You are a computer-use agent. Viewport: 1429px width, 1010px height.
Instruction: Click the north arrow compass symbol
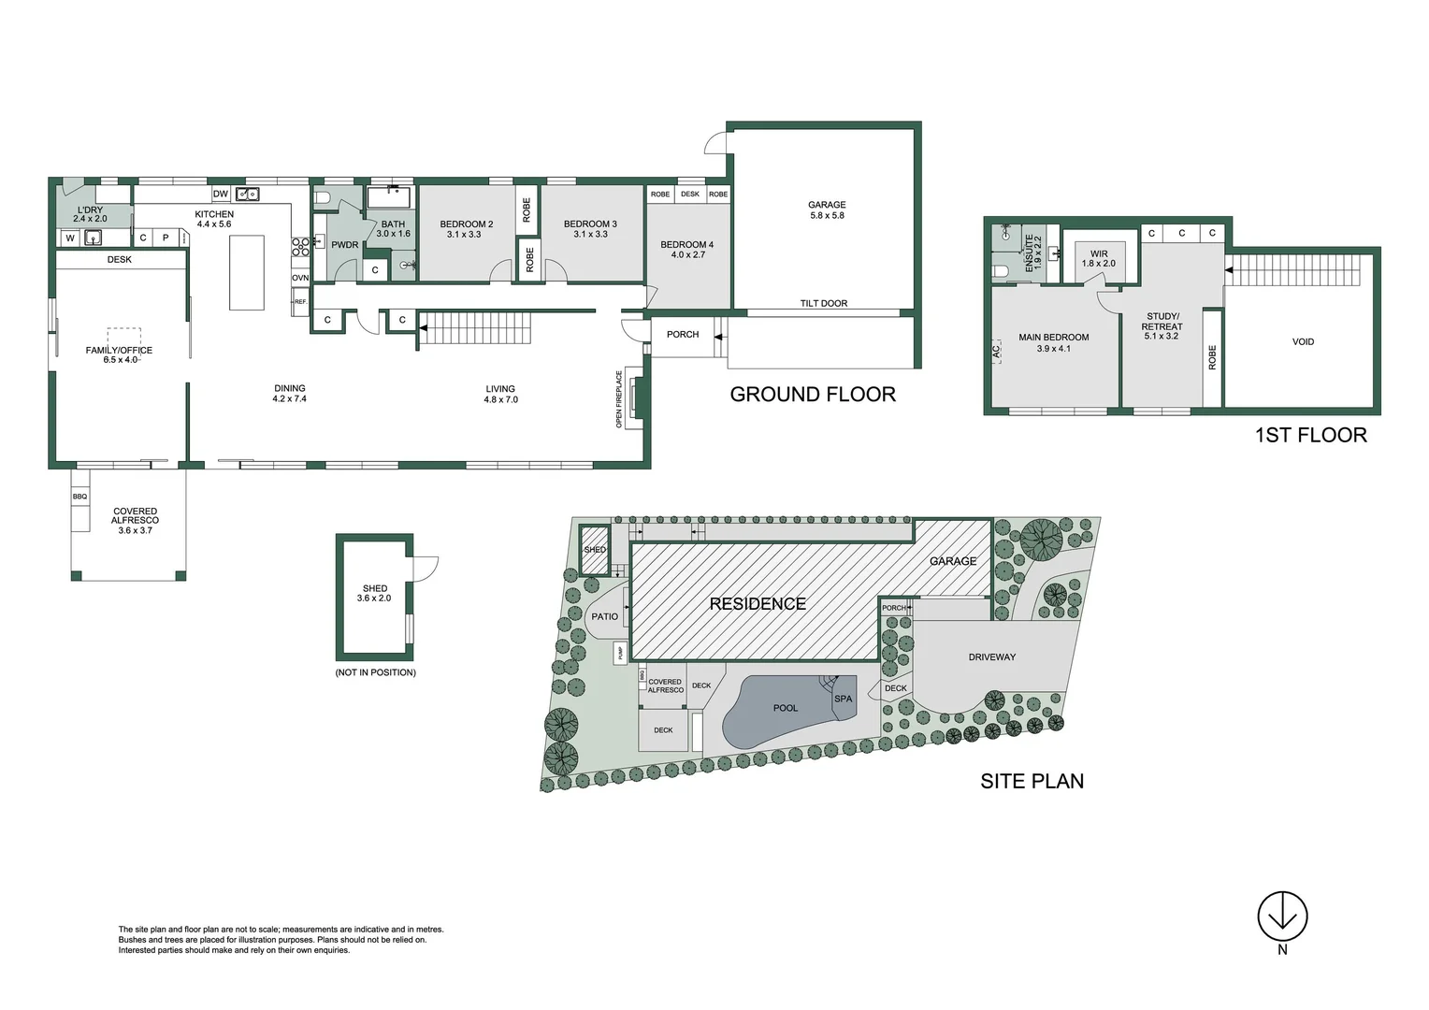(x=1282, y=916)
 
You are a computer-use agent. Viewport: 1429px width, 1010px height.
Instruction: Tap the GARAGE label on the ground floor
(x=827, y=205)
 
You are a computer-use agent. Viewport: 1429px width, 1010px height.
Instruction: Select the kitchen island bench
(x=247, y=272)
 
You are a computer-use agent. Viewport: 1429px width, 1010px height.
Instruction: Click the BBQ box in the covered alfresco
(x=80, y=497)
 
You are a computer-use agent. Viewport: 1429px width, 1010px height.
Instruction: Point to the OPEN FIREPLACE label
(x=619, y=399)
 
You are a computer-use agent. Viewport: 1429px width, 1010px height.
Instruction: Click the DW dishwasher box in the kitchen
(x=221, y=195)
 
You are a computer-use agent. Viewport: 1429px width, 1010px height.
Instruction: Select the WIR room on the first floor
(x=1099, y=258)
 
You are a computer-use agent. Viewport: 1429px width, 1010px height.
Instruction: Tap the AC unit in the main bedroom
(x=996, y=353)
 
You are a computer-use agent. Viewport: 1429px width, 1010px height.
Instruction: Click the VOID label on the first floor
(x=1303, y=342)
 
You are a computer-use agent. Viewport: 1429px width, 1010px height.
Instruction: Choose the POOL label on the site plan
(x=786, y=708)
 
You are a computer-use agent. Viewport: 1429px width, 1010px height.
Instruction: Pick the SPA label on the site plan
(x=844, y=699)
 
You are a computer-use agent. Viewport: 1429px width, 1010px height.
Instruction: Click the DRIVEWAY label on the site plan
(x=991, y=657)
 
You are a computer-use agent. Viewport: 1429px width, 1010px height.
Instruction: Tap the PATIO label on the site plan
(x=605, y=616)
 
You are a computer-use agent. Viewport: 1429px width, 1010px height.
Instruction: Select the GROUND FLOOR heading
(x=813, y=395)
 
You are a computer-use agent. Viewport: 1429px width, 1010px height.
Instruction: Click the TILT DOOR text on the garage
(x=823, y=303)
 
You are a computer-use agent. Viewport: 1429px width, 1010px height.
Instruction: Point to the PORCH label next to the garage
(x=683, y=334)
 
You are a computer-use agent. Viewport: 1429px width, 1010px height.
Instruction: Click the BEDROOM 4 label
(x=686, y=245)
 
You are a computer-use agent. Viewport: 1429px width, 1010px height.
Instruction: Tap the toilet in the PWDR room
(x=323, y=198)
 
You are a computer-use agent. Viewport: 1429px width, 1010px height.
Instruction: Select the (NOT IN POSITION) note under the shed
(x=375, y=672)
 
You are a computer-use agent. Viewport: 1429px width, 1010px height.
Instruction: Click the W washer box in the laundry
(x=70, y=238)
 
